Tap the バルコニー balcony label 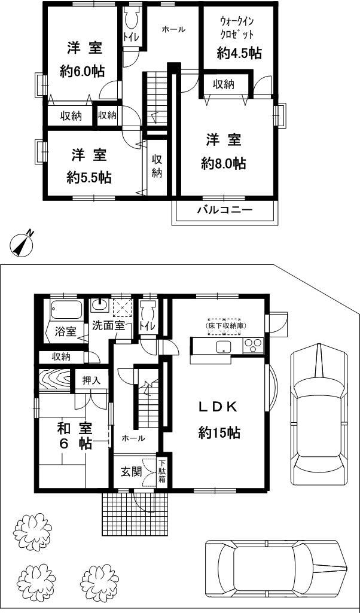point(225,210)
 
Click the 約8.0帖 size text point(224,163)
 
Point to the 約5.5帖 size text point(89,178)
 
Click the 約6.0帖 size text point(83,71)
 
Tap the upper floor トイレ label point(131,38)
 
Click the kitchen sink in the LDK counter point(224,349)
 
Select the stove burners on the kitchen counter point(254,345)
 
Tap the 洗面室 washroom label point(108,326)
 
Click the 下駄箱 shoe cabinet point(161,472)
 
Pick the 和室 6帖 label point(74,436)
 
